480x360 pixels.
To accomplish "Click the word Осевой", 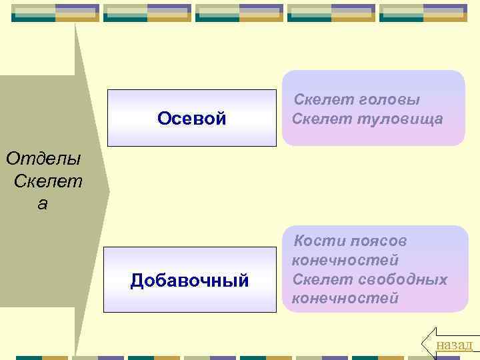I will [192, 119].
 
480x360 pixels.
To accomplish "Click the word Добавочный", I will [190, 281].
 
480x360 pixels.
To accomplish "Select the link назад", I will [454, 344].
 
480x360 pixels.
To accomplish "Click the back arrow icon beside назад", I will [428, 341].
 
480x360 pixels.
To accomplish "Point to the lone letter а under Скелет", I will [43, 203].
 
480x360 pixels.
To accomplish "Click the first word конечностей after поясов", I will [345, 260].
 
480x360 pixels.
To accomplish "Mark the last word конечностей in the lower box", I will [345, 298].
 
